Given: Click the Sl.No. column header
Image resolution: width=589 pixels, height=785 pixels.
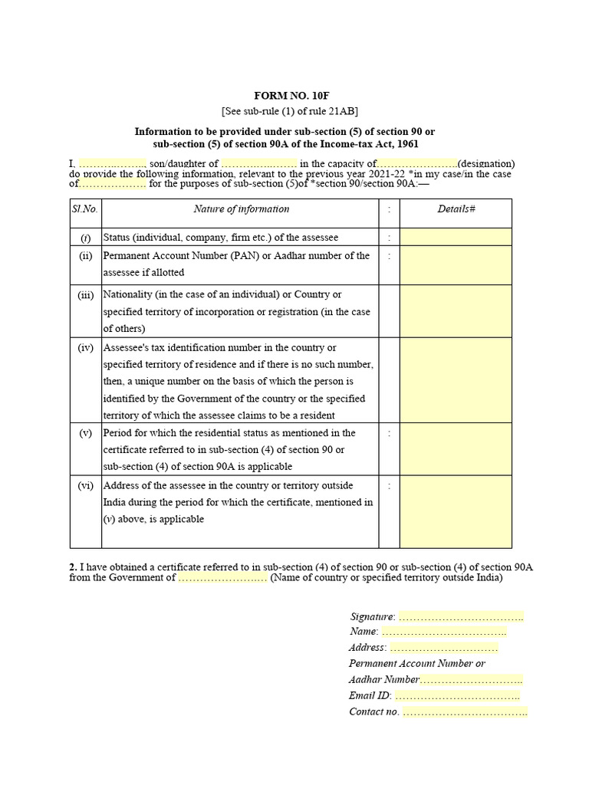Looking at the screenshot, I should pyautogui.click(x=85, y=209).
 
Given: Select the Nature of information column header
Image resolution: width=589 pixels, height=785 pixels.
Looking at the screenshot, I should pyautogui.click(x=242, y=209).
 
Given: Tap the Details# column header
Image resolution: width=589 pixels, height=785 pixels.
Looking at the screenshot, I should pyautogui.click(x=456, y=209).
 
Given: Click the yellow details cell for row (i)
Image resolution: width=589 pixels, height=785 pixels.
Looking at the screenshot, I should pyautogui.click(x=456, y=237).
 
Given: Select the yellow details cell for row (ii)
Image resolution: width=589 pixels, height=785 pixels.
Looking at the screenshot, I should pyautogui.click(x=456, y=265).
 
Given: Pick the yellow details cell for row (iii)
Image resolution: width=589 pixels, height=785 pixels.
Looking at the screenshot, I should pyautogui.click(x=456, y=311).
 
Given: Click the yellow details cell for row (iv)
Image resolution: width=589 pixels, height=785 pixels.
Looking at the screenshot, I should pyautogui.click(x=456, y=380).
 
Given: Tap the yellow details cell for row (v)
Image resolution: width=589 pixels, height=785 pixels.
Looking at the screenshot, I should pyautogui.click(x=456, y=449).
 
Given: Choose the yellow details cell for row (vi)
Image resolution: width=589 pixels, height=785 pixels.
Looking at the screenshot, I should pyautogui.click(x=456, y=511).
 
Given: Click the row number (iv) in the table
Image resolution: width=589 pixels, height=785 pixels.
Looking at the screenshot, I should pyautogui.click(x=85, y=348).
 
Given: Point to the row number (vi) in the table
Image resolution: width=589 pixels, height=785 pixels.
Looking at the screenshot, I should pyautogui.click(x=85, y=485).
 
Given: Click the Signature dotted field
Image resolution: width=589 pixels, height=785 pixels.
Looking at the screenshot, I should pyautogui.click(x=461, y=616).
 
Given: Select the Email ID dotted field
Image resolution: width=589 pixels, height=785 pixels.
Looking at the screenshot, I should pyautogui.click(x=457, y=695).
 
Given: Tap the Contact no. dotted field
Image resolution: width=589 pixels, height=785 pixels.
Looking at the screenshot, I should pyautogui.click(x=465, y=712).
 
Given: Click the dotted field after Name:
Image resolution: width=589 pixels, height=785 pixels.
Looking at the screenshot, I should pyautogui.click(x=444, y=632).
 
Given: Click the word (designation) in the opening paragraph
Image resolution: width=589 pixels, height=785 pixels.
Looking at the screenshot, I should pyautogui.click(x=486, y=163).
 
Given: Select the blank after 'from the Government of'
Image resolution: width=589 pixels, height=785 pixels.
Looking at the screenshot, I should pyautogui.click(x=222, y=578).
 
